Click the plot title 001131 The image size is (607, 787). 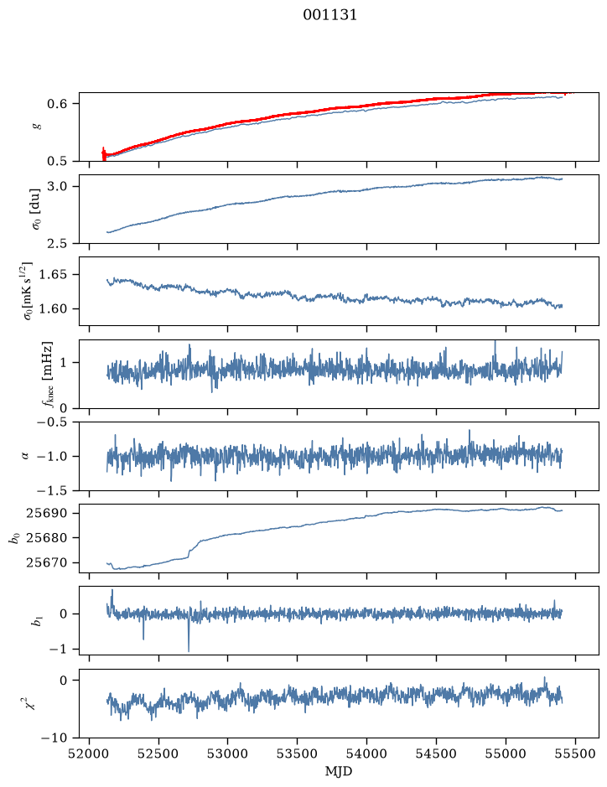329,15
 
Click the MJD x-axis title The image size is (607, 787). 339,771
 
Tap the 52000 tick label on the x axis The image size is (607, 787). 89,753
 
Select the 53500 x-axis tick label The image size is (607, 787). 297,753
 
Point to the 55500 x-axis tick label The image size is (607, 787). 575,753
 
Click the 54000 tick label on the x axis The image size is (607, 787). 366,753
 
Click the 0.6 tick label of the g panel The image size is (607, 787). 56,103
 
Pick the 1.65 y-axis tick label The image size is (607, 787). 52,275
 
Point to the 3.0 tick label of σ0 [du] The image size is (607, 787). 56,186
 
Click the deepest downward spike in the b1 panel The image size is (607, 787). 189,650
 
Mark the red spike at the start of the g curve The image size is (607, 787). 104,153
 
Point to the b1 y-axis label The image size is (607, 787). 35,620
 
